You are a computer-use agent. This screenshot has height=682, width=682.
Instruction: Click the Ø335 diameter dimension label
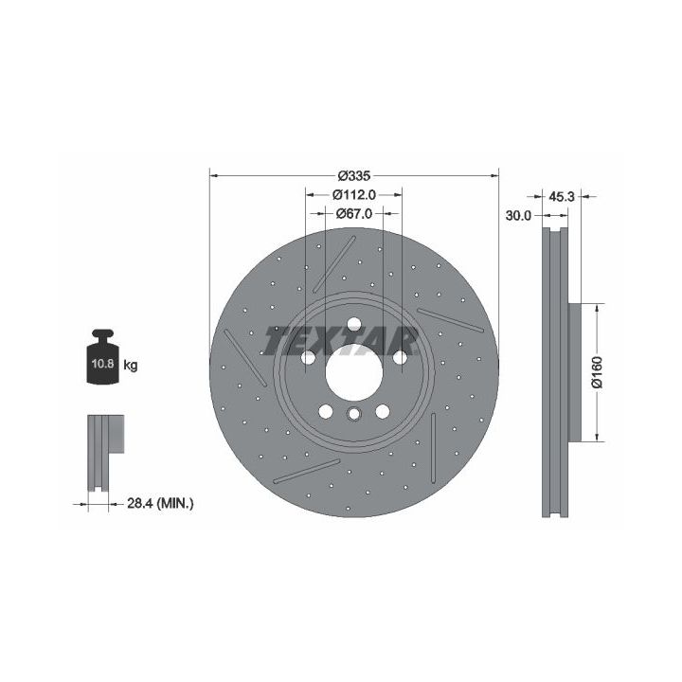[353, 176]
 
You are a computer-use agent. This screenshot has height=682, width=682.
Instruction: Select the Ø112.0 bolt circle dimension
[353, 195]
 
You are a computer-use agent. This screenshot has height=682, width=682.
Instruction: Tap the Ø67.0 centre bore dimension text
[353, 213]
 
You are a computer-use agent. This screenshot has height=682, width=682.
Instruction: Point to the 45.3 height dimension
[561, 197]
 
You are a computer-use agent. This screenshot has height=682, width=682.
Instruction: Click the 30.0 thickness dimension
[518, 215]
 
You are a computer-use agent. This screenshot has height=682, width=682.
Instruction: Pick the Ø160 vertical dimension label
[598, 372]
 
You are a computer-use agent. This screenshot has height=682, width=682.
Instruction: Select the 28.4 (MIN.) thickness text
[160, 504]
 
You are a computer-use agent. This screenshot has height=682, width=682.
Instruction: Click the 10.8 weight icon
[102, 357]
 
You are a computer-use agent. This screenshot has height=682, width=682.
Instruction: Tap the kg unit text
[131, 365]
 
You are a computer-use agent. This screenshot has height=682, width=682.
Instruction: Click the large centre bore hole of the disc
[353, 372]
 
